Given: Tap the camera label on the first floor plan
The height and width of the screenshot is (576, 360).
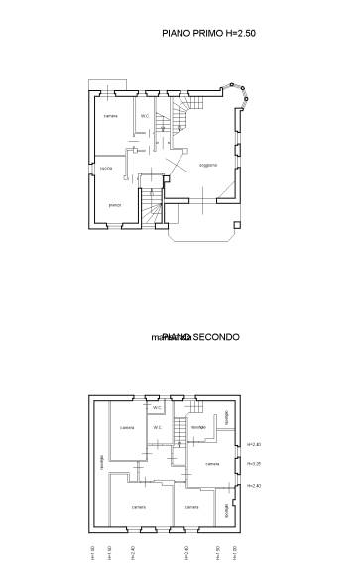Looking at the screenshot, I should pyautogui.click(x=111, y=116).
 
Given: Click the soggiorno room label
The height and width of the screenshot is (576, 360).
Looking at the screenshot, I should pyautogui.click(x=207, y=165).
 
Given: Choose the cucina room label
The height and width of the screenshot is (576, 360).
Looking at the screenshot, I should pyautogui.click(x=106, y=169).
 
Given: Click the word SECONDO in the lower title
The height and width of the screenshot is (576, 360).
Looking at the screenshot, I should pyautogui.click(x=216, y=337).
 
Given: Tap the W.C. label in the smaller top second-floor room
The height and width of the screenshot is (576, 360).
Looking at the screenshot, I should pyautogui.click(x=157, y=407).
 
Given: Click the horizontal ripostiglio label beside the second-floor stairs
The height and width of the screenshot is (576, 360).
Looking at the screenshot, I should pyautogui.click(x=197, y=427).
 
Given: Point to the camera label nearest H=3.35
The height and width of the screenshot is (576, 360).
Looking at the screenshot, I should pyautogui.click(x=212, y=463).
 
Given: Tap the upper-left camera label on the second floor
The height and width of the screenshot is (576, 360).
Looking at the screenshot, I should pyautogui.click(x=127, y=427).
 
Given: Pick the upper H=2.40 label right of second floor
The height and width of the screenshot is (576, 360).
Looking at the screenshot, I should pyautogui.click(x=254, y=444).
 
